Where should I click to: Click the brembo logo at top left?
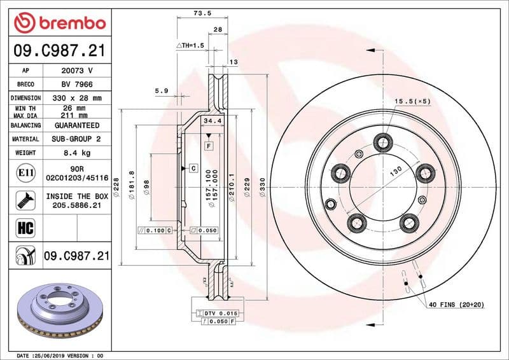click(59, 24)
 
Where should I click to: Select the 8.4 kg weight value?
click(76, 153)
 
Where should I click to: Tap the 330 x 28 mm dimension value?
click(76, 98)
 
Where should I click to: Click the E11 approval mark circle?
click(22, 173)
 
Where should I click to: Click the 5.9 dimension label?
click(161, 91)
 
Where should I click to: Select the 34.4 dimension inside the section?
click(212, 120)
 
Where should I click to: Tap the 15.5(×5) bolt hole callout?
click(412, 101)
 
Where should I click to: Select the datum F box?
click(208, 146)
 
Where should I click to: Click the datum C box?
click(193, 168)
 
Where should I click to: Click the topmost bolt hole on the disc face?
click(383, 141)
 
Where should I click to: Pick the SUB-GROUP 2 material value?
click(76, 139)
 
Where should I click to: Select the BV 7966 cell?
click(76, 84)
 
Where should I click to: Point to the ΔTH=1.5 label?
click(190, 46)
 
